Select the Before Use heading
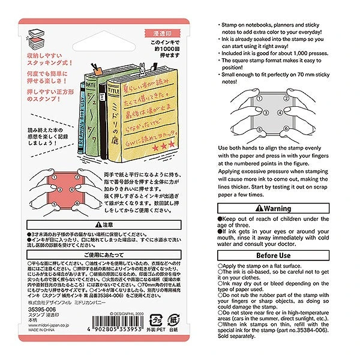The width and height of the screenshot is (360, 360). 274,255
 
